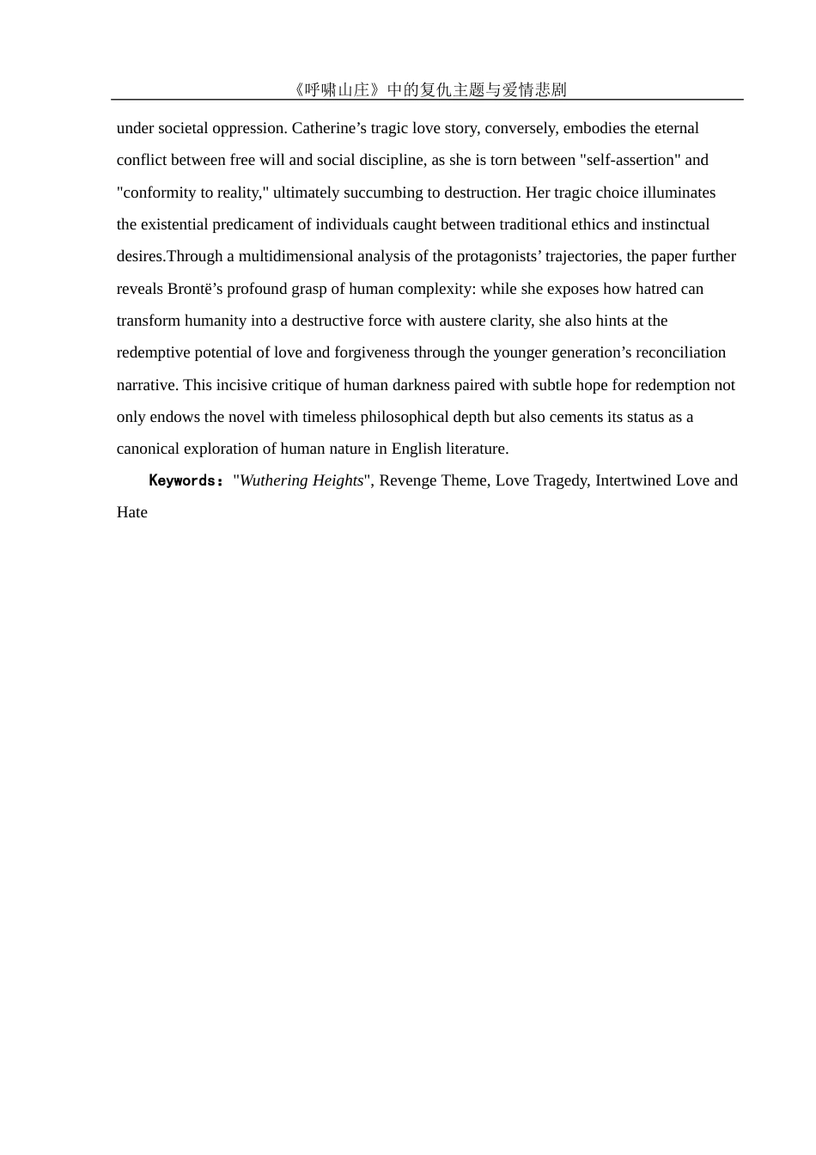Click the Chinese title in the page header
[x=429, y=89]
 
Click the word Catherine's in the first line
[x=329, y=128]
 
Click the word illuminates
[x=679, y=192]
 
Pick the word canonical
[x=149, y=449]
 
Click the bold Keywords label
[x=186, y=480]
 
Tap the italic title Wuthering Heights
[x=301, y=480]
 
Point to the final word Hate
[x=132, y=512]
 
